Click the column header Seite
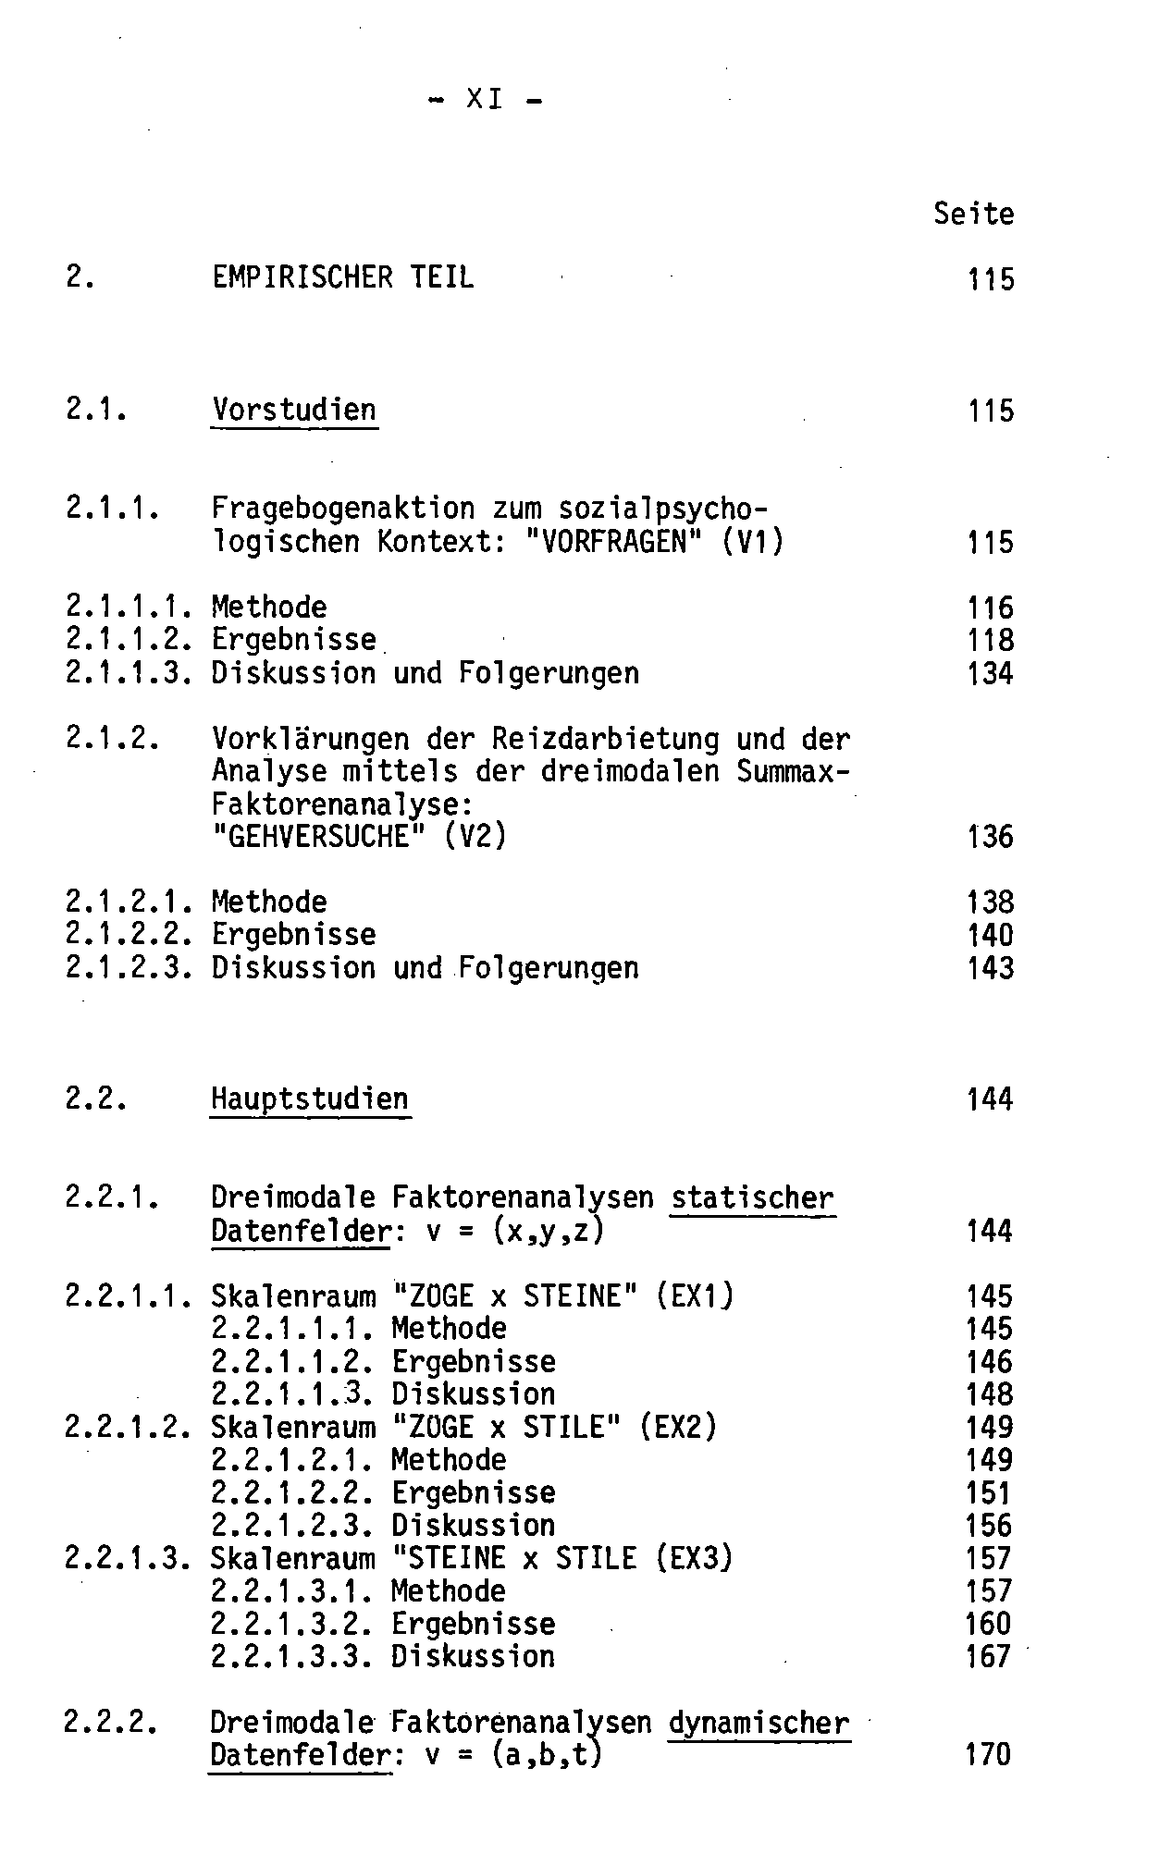(x=973, y=215)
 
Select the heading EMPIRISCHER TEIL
(x=342, y=277)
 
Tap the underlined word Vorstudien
(x=294, y=410)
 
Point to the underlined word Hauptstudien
(x=309, y=1099)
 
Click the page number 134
(x=990, y=674)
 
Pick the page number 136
(x=990, y=838)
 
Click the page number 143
(x=990, y=969)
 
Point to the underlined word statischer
(x=752, y=1198)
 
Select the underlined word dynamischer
(x=758, y=1724)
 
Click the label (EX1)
(x=694, y=1296)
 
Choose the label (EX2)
(x=677, y=1428)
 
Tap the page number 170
(x=988, y=1755)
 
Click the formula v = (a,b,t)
(x=513, y=1755)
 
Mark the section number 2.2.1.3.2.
(x=291, y=1625)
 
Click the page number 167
(x=988, y=1657)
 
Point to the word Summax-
(x=793, y=772)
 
